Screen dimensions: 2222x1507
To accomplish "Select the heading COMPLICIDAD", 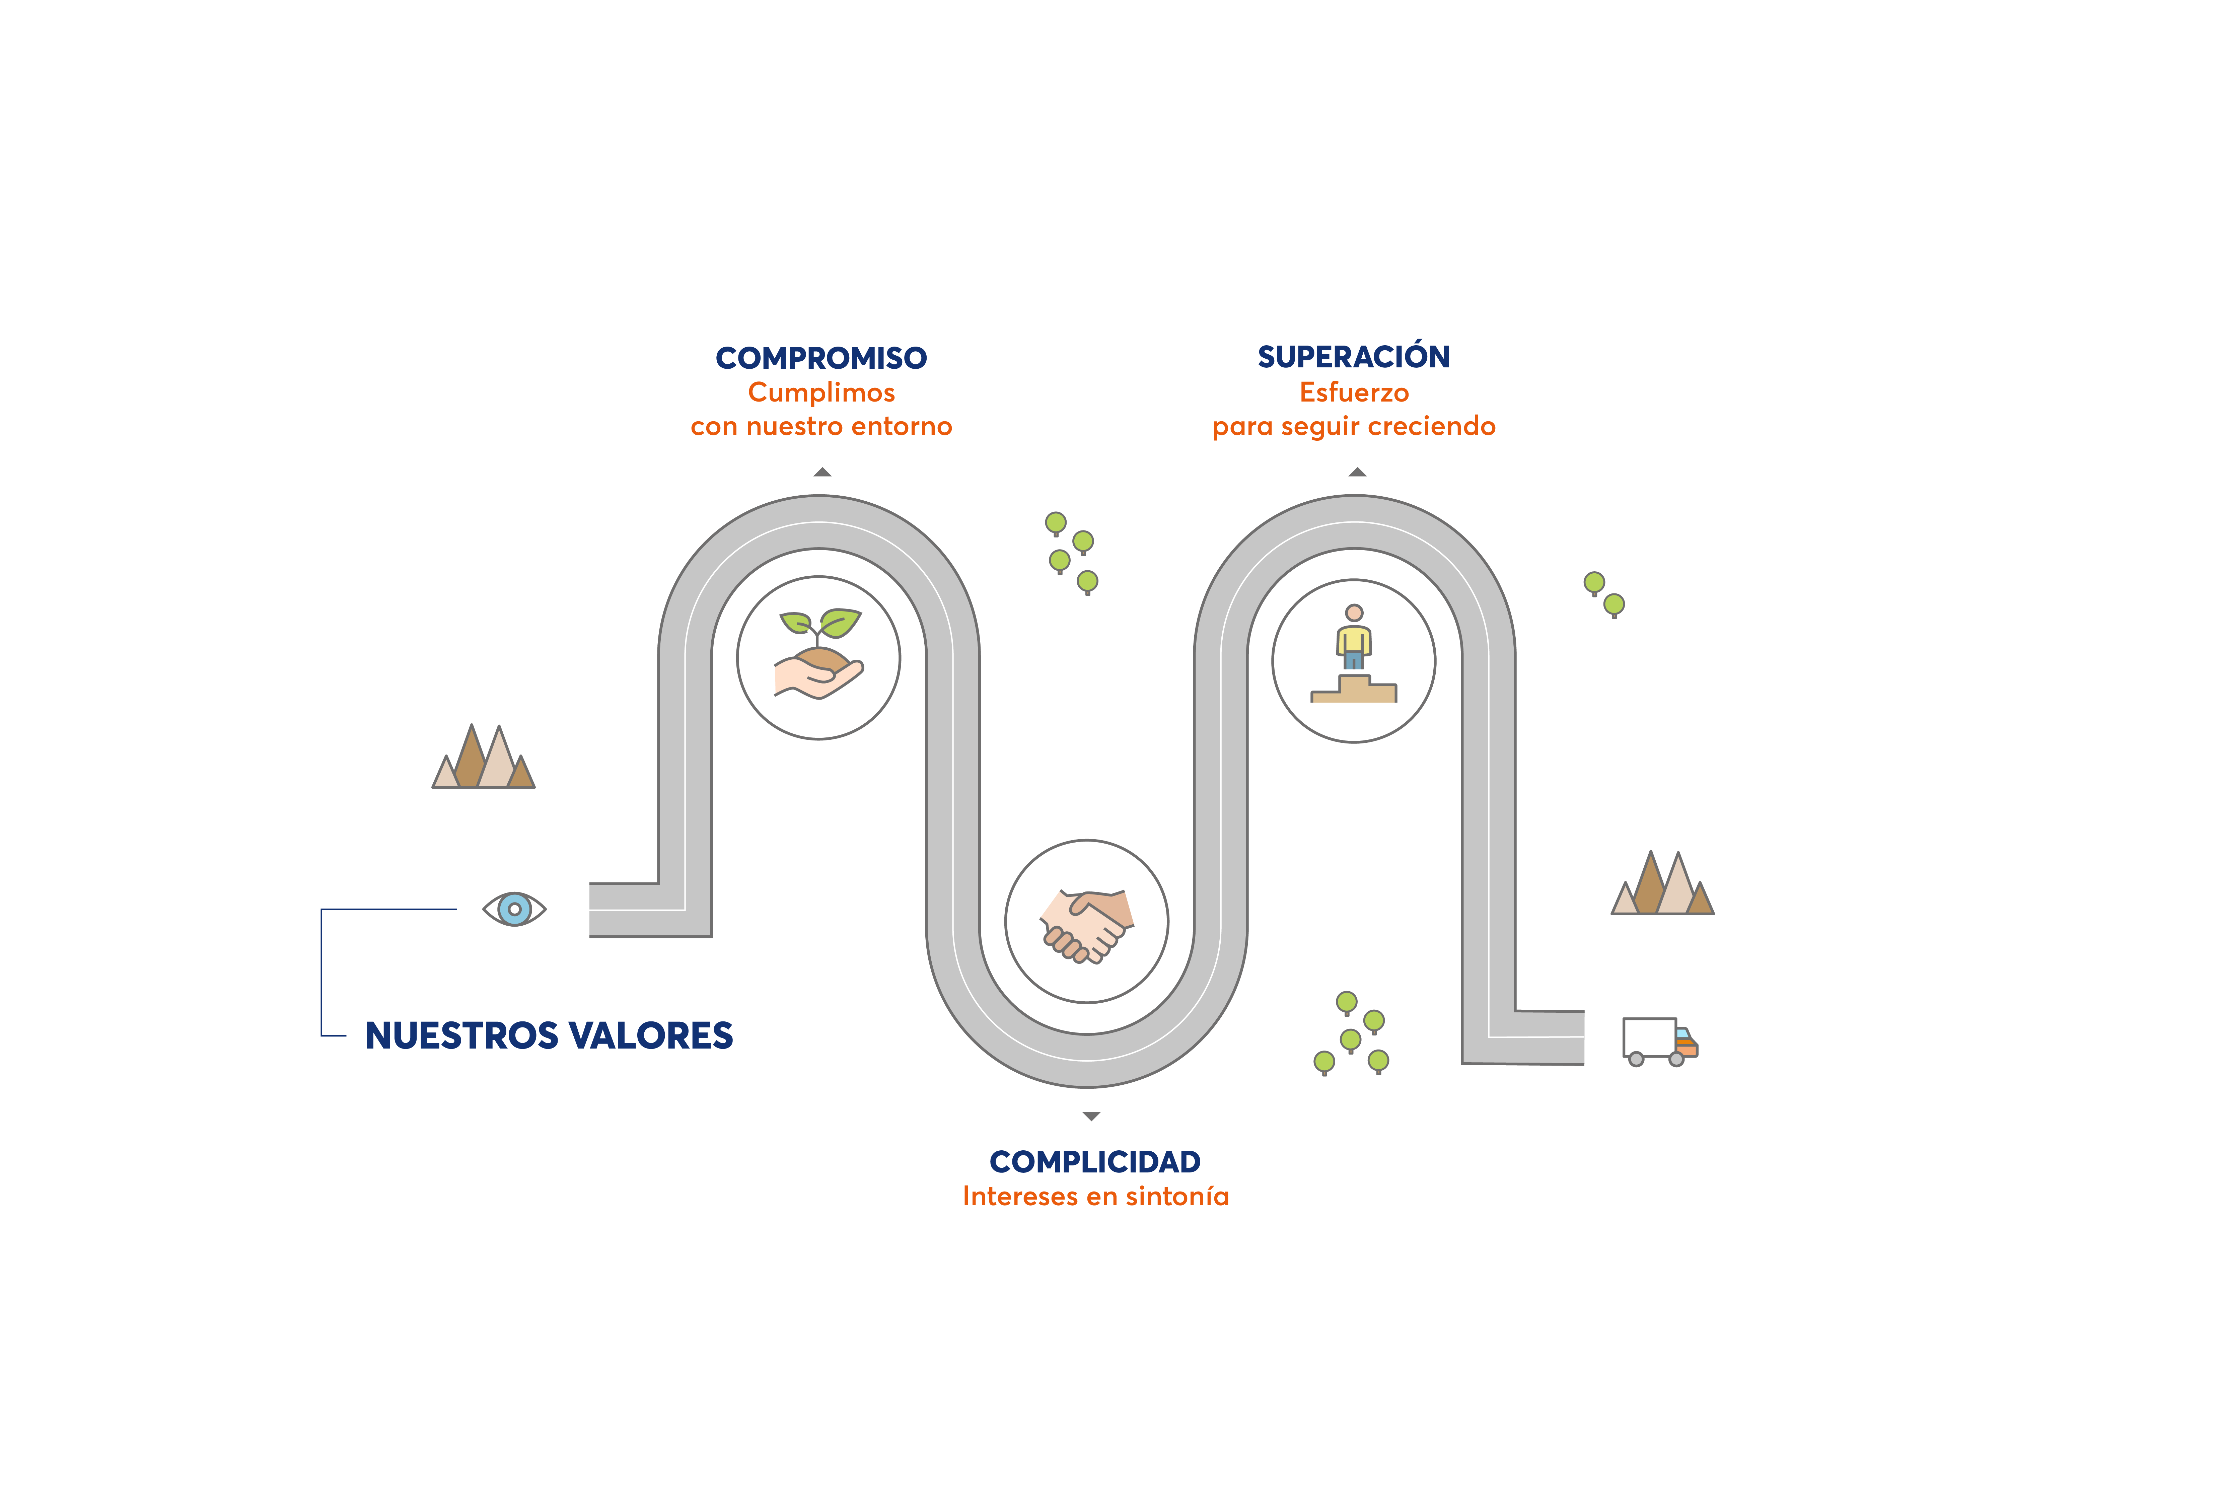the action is [1095, 1162].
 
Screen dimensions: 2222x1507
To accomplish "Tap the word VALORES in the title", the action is [653, 1035].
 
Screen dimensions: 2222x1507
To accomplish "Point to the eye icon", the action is [514, 909].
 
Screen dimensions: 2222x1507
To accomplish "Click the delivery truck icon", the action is [1660, 1041].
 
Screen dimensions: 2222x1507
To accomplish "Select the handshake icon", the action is [1087, 925].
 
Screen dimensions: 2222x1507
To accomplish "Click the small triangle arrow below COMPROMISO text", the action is [822, 472].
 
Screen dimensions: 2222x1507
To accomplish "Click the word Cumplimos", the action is [821, 393].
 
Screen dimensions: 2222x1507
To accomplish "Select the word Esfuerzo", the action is [1354, 393].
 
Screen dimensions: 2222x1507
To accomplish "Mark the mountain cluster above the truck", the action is [1663, 882].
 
